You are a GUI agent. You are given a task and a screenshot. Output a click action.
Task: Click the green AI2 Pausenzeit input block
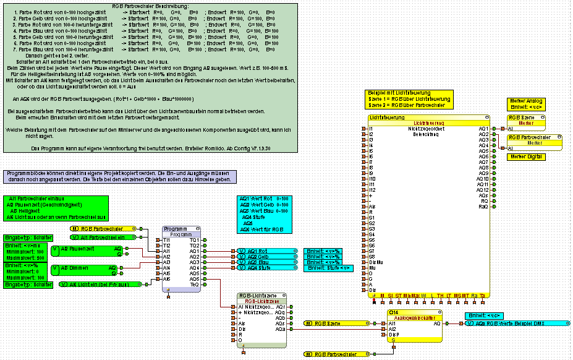click(87, 249)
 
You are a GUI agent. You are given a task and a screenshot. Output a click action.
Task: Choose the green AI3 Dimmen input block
click(87, 268)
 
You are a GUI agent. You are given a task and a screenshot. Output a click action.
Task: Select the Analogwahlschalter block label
click(415, 318)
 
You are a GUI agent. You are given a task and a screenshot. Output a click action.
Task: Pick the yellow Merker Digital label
click(525, 157)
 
